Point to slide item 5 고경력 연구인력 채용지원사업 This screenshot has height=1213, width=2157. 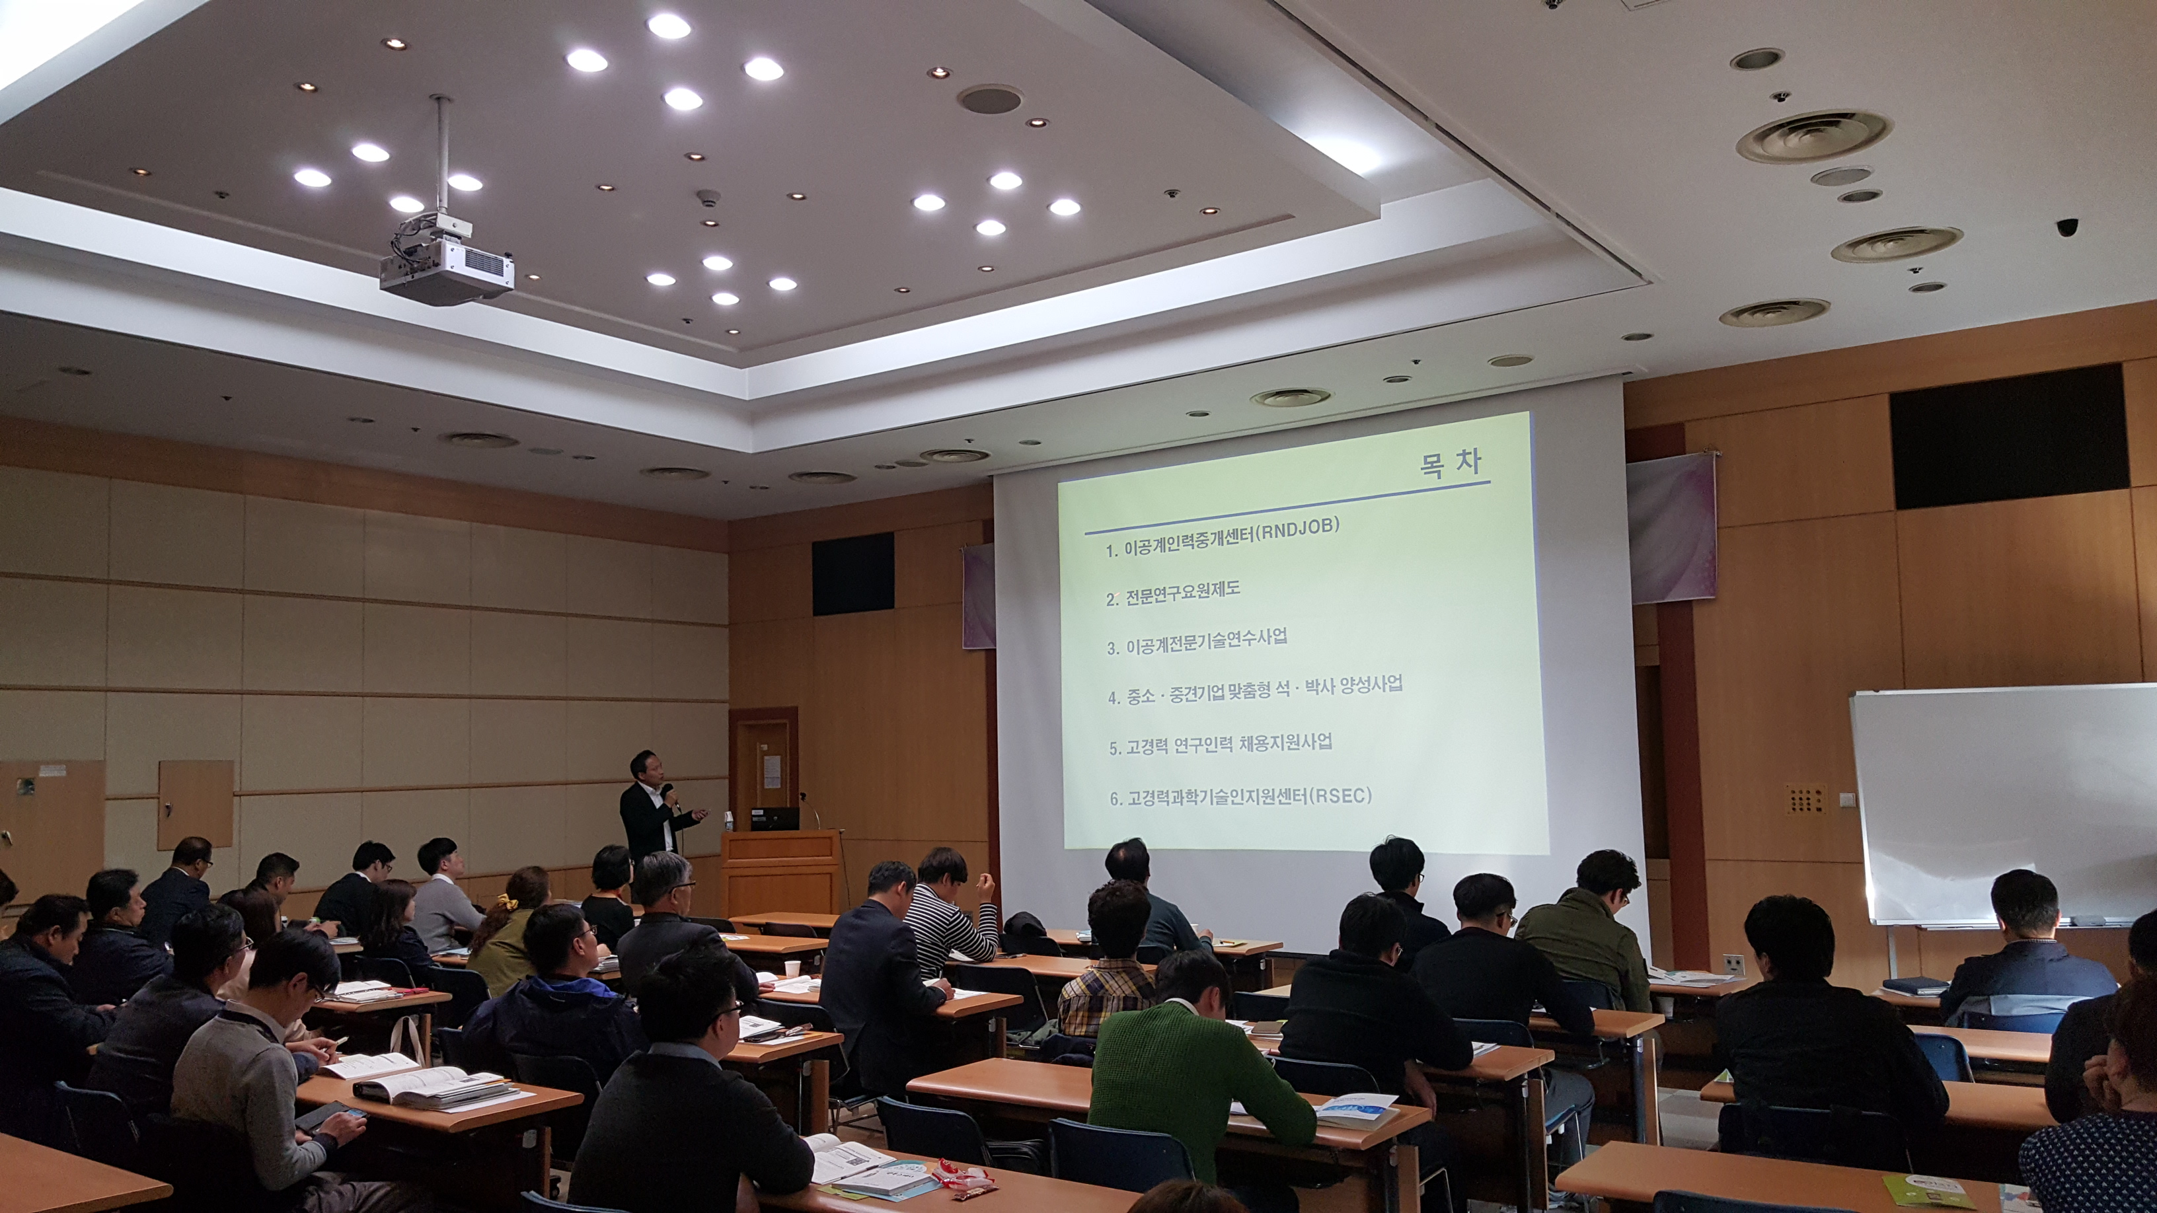pyautogui.click(x=1220, y=743)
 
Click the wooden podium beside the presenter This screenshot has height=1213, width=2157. pyautogui.click(x=781, y=871)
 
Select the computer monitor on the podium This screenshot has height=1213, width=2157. pyautogui.click(x=775, y=818)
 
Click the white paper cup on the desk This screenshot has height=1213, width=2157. pyautogui.click(x=790, y=968)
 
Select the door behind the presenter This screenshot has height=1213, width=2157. pyautogui.click(x=762, y=766)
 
